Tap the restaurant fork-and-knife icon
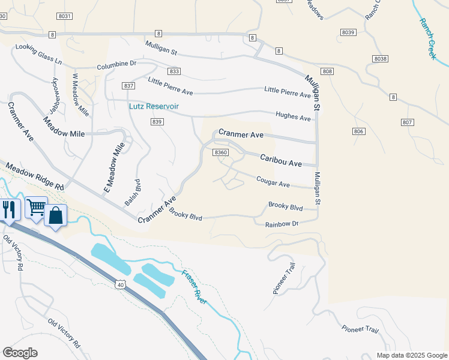(x=8, y=209)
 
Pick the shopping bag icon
(x=55, y=215)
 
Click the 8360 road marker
(x=221, y=152)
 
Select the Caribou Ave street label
(x=280, y=160)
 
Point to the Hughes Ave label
(x=293, y=116)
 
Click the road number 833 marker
(x=174, y=71)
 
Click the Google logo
(x=20, y=353)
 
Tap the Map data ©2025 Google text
(x=411, y=355)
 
